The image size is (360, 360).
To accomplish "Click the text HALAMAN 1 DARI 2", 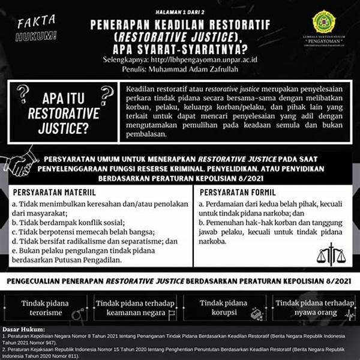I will pyautogui.click(x=180, y=11).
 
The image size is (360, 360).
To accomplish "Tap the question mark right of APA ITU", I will pyautogui.click(x=107, y=93).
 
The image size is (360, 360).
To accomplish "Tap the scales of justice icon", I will pyautogui.click(x=331, y=253).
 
